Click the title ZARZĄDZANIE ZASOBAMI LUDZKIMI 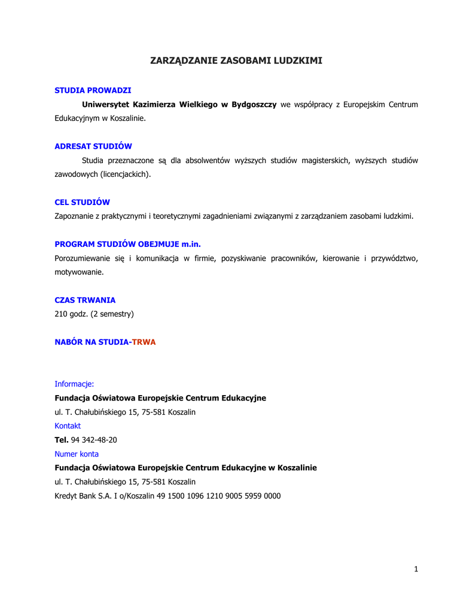(236, 61)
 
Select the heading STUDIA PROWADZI (93, 90)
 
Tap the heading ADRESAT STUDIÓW (93, 146)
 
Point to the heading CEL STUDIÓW (83, 203)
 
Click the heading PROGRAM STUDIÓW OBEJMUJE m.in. (132, 244)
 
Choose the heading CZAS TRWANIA (85, 300)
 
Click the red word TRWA (144, 342)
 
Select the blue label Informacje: (74, 384)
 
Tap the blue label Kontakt (68, 426)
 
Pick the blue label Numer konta (77, 454)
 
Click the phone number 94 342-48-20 (94, 440)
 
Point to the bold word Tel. (62, 440)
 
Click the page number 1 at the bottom (416, 570)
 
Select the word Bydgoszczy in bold (254, 105)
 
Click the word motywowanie (79, 272)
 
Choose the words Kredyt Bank (73, 496)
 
